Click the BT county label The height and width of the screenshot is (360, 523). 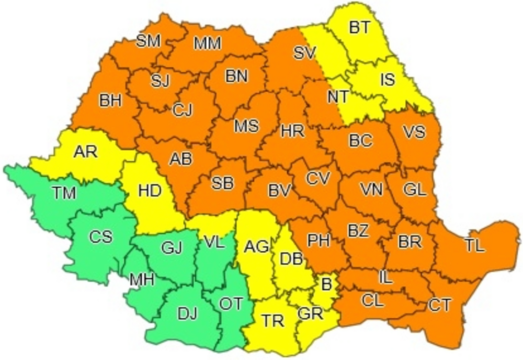point(359,28)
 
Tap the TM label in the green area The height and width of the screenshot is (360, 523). point(64,194)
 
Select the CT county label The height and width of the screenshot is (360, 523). point(439,305)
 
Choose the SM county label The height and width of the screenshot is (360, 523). point(148,41)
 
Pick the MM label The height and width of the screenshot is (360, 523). point(208,44)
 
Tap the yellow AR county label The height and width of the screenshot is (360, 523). point(85,152)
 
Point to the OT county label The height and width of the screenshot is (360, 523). point(231,303)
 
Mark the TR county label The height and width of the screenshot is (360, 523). point(272,321)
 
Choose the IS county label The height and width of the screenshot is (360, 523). point(388,80)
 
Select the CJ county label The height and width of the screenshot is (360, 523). point(183,110)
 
